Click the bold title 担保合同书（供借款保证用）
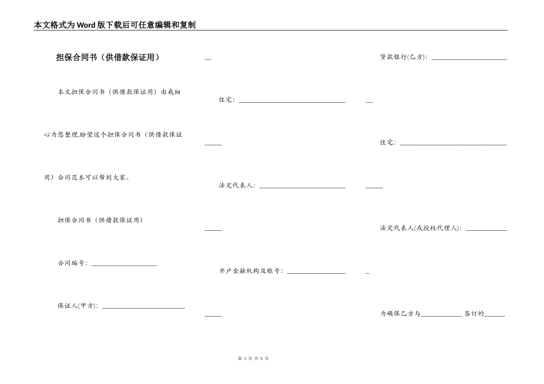(x=108, y=57)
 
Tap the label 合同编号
(x=72, y=263)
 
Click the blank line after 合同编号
(x=124, y=265)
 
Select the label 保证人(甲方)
(x=78, y=306)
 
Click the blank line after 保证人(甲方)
(x=143, y=307)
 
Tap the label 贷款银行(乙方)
(x=404, y=57)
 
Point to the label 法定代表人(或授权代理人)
(x=421, y=228)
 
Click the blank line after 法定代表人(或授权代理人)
(x=486, y=230)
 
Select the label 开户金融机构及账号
(x=251, y=271)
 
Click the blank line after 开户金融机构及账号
(x=316, y=273)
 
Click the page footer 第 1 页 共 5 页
(x=253, y=358)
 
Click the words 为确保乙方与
(x=400, y=314)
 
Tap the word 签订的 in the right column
(x=474, y=314)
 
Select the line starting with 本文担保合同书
(x=119, y=91)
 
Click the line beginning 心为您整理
(x=113, y=135)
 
